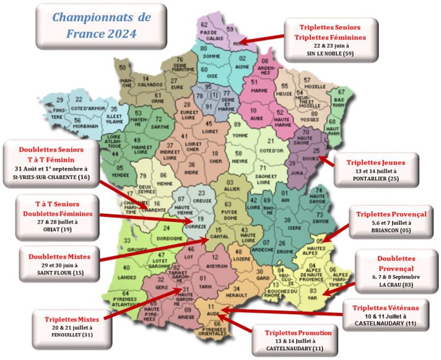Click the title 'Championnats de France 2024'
click(93, 24)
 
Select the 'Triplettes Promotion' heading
click(297, 333)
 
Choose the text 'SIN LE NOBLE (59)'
click(330, 54)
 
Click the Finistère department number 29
click(59, 100)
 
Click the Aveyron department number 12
click(216, 257)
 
